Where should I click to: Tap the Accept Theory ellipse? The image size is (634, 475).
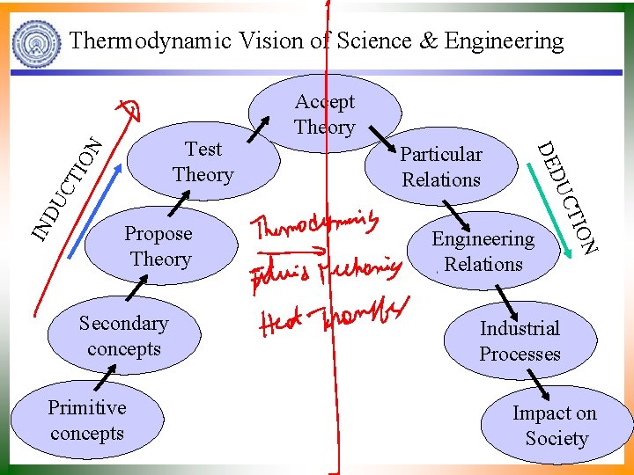(x=325, y=112)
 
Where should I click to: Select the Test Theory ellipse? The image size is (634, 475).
(x=203, y=162)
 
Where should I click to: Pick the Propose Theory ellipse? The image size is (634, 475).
(x=159, y=246)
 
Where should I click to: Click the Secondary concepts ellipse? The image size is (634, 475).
(x=123, y=336)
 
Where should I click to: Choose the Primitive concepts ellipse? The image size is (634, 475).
(x=87, y=420)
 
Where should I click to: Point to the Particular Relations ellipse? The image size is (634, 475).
(x=441, y=167)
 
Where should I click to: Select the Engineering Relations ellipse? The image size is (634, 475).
(x=483, y=252)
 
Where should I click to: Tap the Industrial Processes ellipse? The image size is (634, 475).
(x=520, y=341)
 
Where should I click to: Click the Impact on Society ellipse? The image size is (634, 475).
(x=555, y=426)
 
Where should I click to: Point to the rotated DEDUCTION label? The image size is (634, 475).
(x=568, y=198)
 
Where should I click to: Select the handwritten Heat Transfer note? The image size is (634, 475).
(x=335, y=318)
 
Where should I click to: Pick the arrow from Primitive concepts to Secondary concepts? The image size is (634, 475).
(x=102, y=378)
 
